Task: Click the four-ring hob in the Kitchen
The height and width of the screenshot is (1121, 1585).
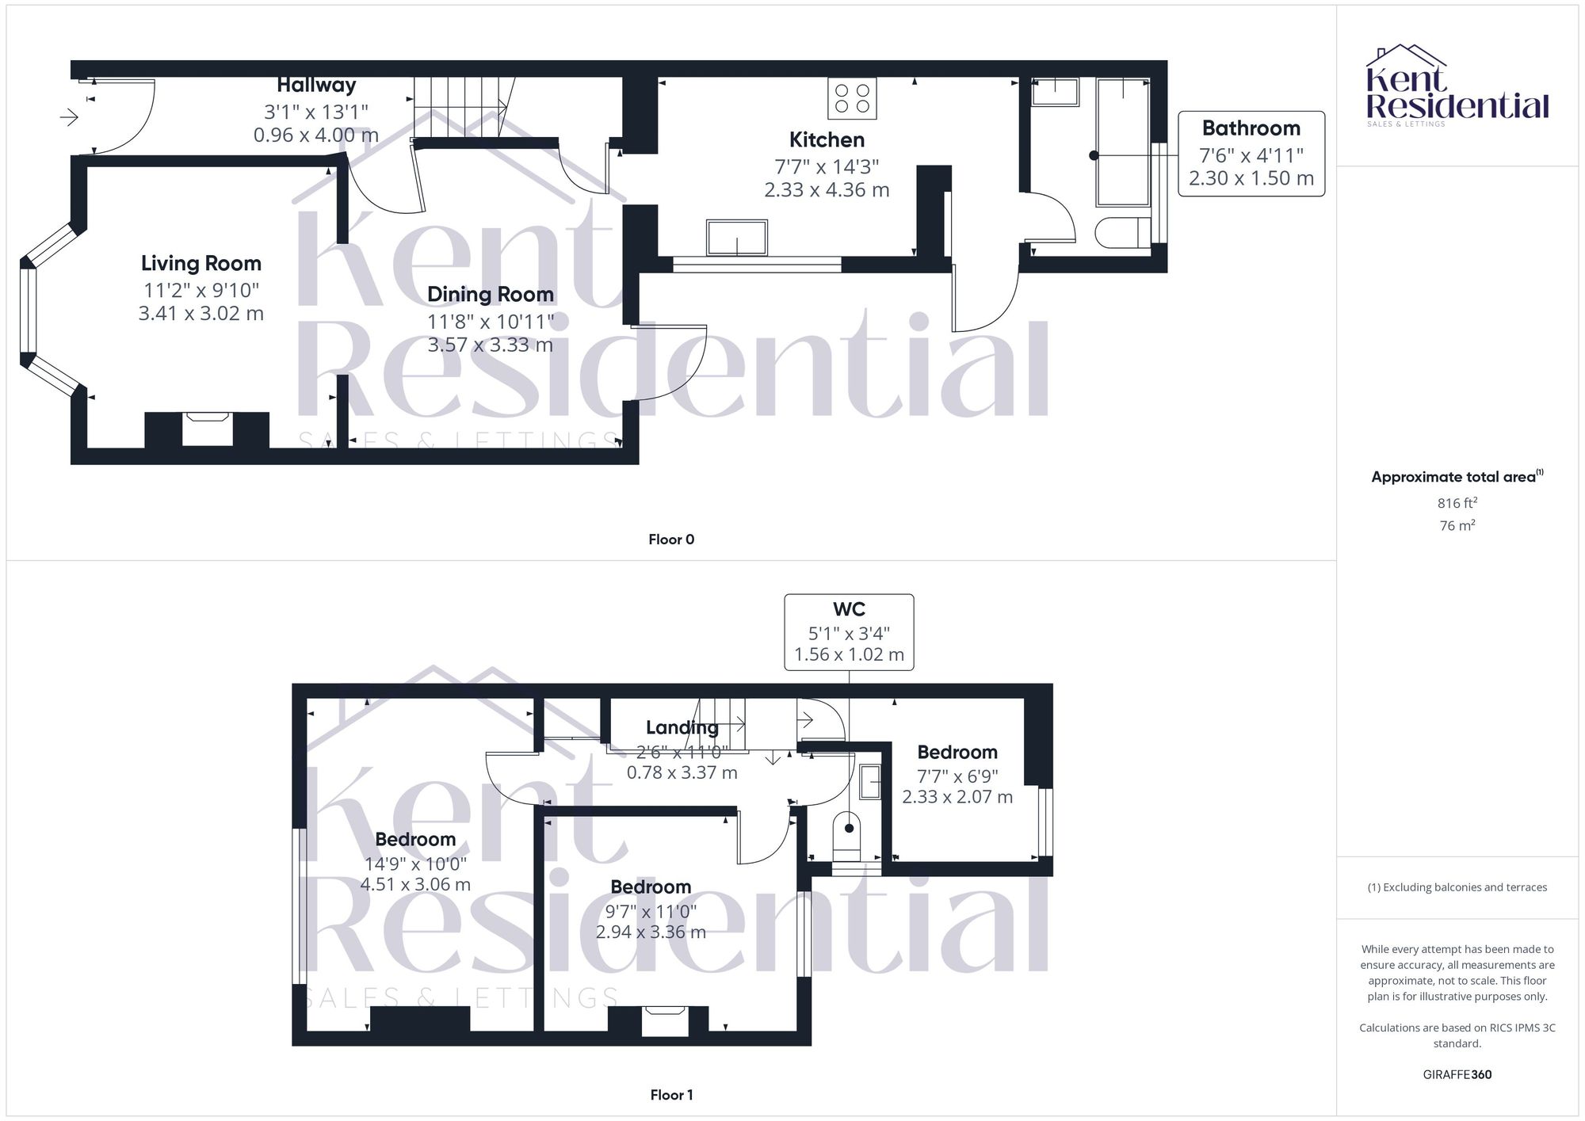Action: pos(852,98)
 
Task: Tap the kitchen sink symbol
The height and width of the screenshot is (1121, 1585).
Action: pos(737,238)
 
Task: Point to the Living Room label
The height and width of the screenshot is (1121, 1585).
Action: pos(201,263)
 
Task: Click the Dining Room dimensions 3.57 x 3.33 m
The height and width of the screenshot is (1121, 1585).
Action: pos(490,345)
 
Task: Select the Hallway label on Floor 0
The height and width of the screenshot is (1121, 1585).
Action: pos(316,85)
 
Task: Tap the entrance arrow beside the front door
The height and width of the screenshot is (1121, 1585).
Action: pos(69,118)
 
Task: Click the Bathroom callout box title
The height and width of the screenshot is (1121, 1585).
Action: pos(1251,128)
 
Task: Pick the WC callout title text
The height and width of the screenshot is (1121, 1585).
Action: pos(848,609)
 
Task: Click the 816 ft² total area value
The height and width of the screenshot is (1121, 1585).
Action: pos(1457,503)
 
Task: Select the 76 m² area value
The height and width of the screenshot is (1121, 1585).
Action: pos(1457,525)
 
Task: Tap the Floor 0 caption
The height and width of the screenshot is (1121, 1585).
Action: pos(670,540)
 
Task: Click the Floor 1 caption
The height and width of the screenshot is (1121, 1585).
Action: pos(670,1095)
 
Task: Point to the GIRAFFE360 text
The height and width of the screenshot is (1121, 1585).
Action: pos(1457,1075)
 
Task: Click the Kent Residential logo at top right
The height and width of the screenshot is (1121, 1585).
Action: pos(1457,87)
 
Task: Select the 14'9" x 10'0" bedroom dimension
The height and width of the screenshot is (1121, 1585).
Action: pos(415,863)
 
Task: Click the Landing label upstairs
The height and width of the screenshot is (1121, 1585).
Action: pos(682,727)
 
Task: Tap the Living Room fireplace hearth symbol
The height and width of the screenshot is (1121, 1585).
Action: pos(207,429)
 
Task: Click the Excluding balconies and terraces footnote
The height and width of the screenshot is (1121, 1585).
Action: pos(1457,887)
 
